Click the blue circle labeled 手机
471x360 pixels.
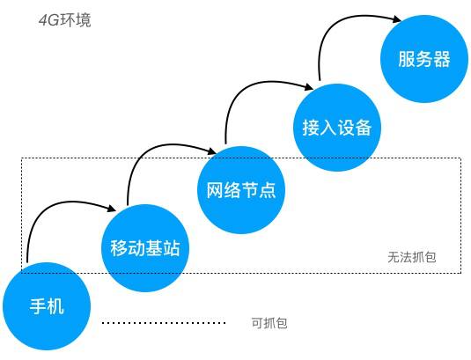pos(48,307)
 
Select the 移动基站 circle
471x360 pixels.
pos(145,247)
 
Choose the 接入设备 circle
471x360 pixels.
pos(332,127)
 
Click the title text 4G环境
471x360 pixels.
pos(64,19)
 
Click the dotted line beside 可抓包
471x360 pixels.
pos(164,323)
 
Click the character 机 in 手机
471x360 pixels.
pos(56,307)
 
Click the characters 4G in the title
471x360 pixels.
pos(48,19)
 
